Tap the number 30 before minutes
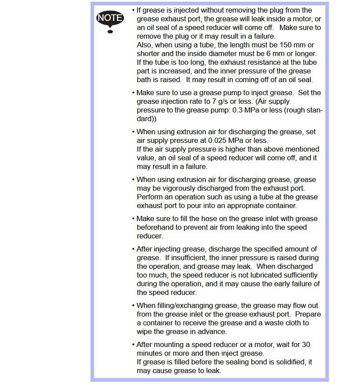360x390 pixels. pos(306,344)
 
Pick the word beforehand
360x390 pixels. pos(154,227)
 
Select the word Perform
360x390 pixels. pos(150,197)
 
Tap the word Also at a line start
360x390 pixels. pos(144,45)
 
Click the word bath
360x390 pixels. pos(144,79)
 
